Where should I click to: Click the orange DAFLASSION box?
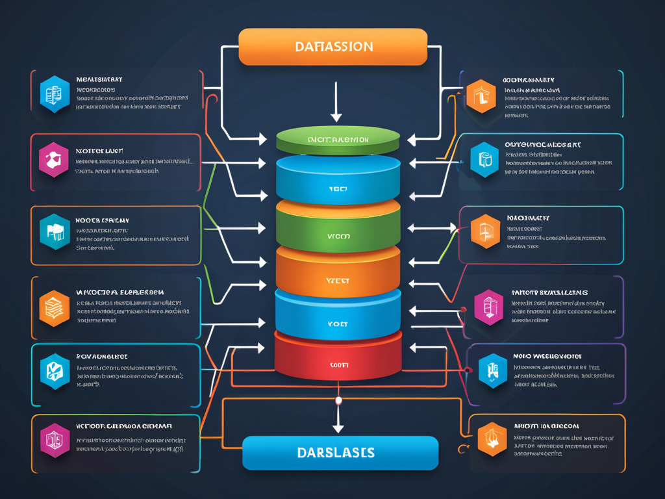click(x=332, y=47)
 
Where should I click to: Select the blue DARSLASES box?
click(x=340, y=452)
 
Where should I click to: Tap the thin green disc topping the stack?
click(x=338, y=139)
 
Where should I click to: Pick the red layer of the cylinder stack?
click(x=338, y=361)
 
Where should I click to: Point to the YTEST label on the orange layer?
click(x=338, y=281)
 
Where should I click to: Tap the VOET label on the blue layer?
click(x=338, y=323)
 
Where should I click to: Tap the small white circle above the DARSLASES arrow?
click(x=338, y=401)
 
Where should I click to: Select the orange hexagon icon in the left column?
click(x=54, y=308)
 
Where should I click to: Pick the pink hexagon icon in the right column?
click(x=488, y=307)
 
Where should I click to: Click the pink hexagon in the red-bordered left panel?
click(x=53, y=160)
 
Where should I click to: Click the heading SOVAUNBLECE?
click(x=102, y=357)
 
